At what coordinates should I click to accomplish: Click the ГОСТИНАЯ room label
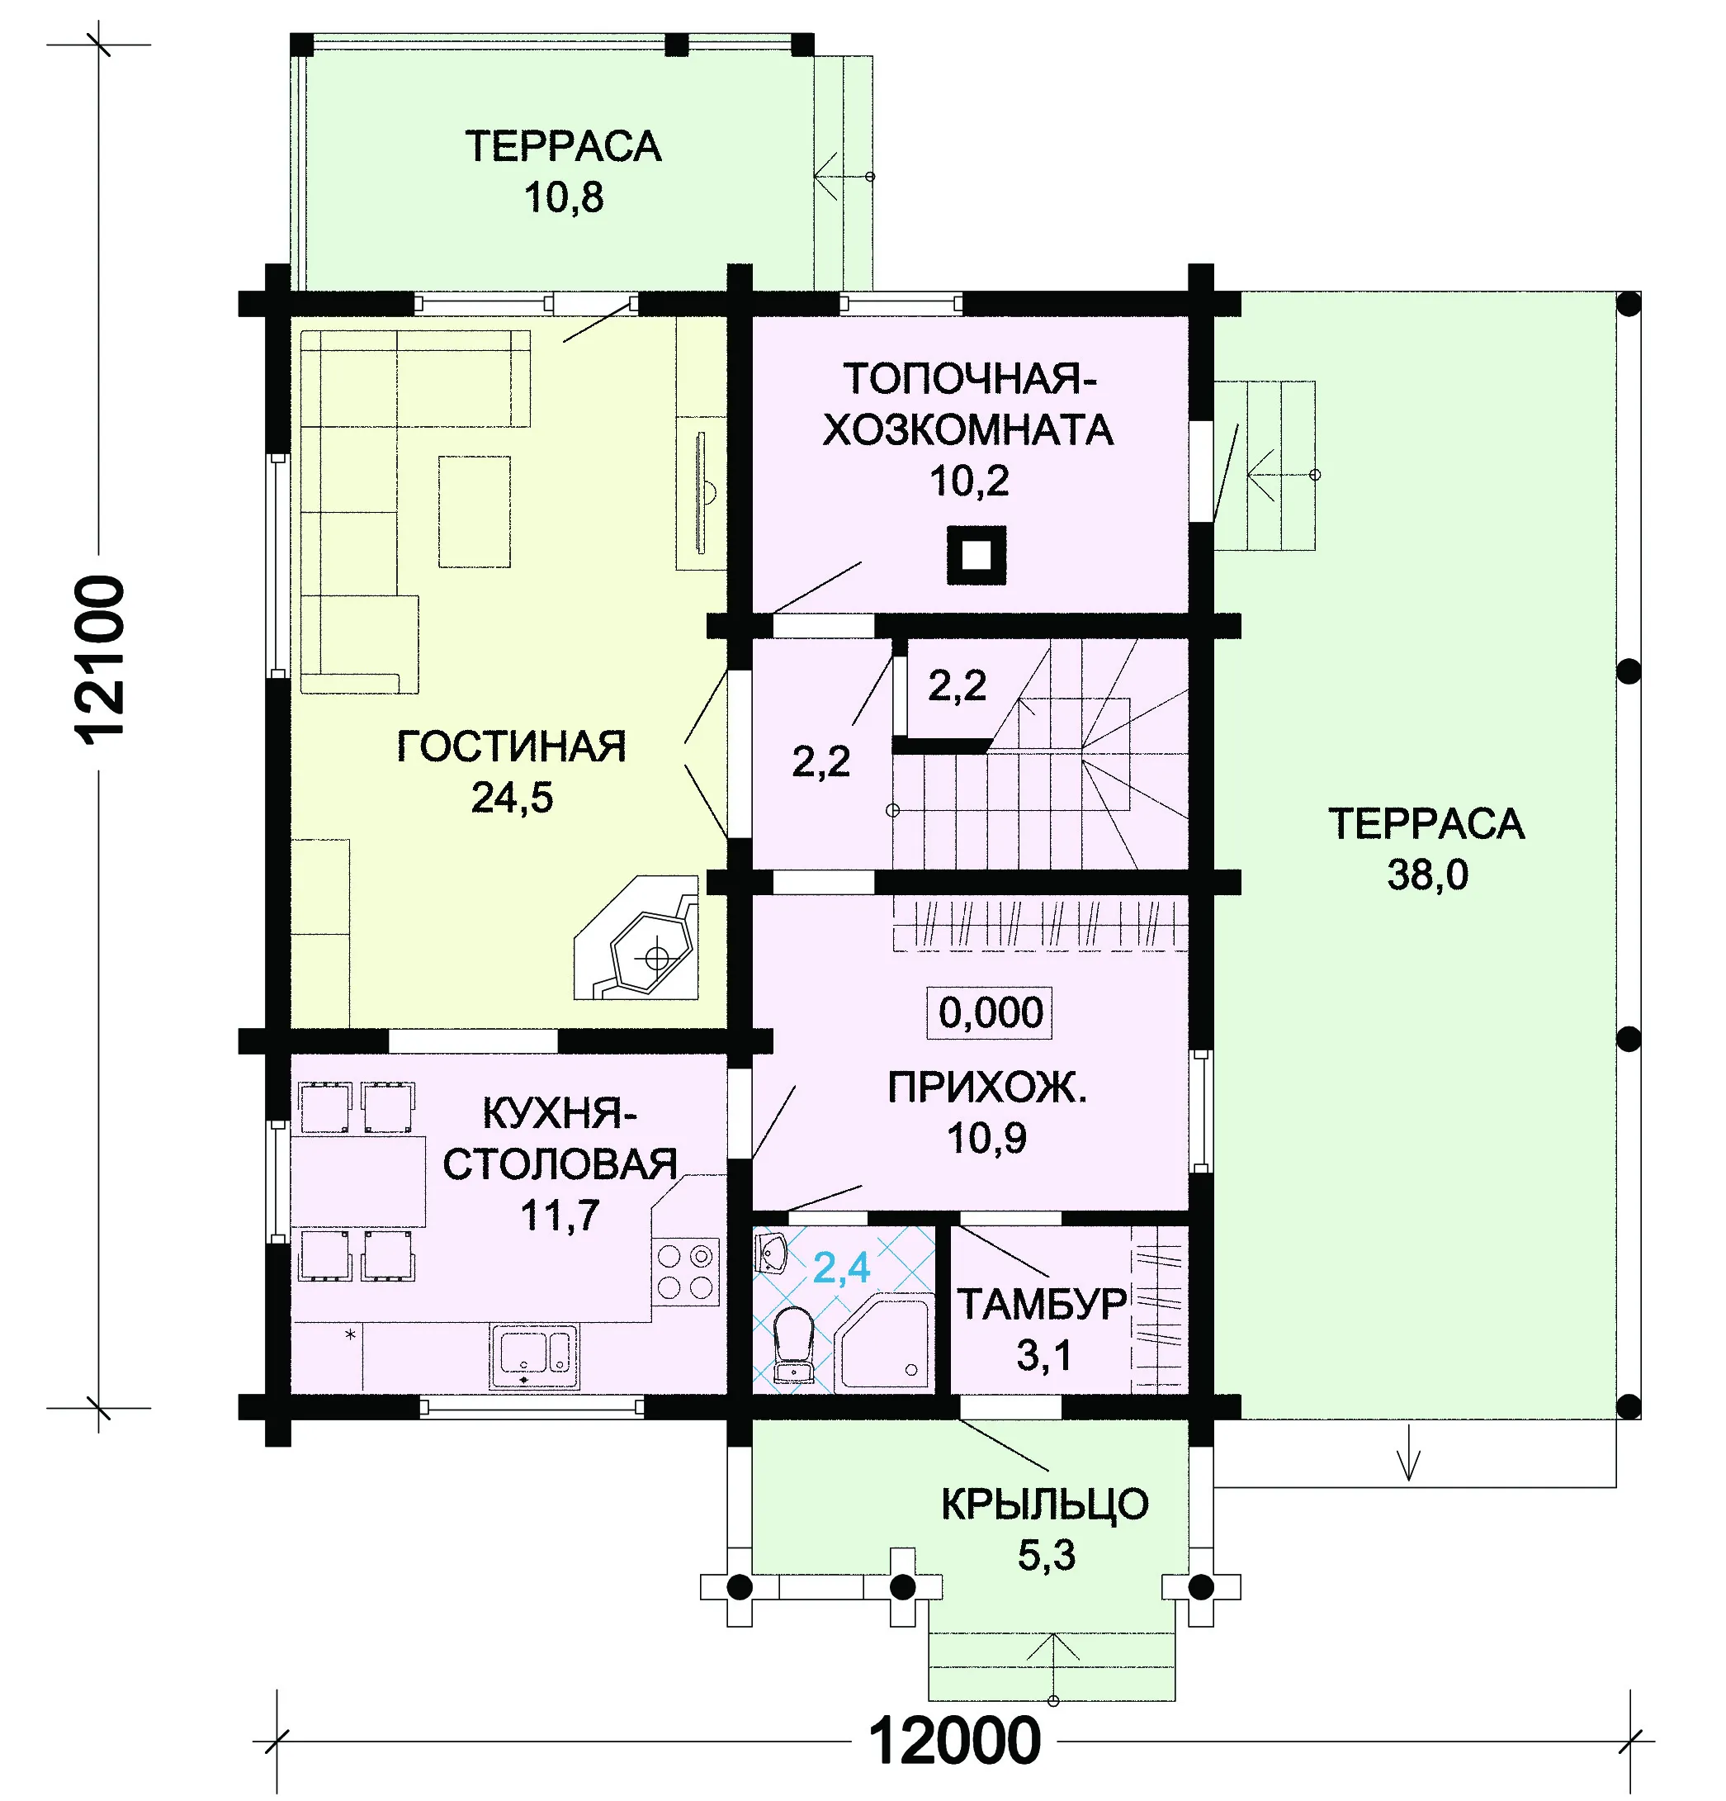511,746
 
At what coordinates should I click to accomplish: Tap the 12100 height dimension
99,660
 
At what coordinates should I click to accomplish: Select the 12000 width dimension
955,1741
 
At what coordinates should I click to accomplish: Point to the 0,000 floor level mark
991,1012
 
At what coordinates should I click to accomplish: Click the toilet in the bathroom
793,1344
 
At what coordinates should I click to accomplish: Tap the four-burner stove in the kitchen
685,1271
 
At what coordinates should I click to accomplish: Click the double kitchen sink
534,1354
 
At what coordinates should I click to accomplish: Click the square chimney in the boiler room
976,555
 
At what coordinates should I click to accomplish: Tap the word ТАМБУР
1043,1304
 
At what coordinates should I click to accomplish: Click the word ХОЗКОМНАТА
968,430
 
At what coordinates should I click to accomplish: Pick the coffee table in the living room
474,512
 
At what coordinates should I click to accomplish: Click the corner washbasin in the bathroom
771,1253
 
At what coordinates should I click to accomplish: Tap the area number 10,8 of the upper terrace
564,197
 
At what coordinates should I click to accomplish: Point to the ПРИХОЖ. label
987,1088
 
